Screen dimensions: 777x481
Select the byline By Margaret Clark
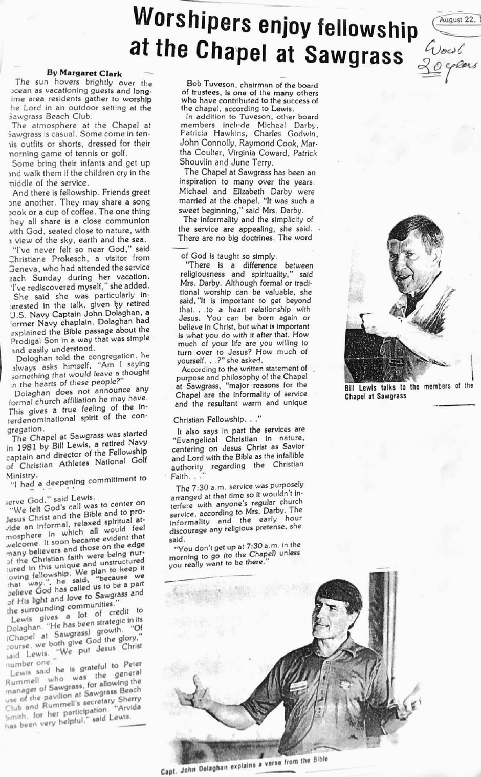click(x=84, y=73)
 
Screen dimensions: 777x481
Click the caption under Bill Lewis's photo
click(x=408, y=391)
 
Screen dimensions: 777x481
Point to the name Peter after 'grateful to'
click(x=133, y=665)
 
